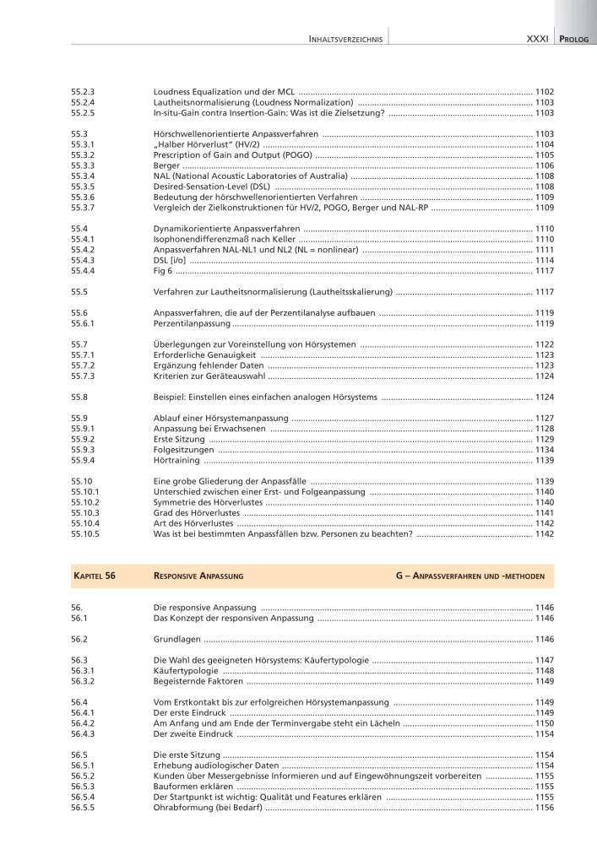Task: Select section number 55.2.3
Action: coord(84,90)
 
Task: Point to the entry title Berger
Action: coord(166,165)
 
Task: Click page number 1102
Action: coord(545,90)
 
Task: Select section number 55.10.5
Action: coord(86,534)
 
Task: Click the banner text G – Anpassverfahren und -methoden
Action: coord(469,575)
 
